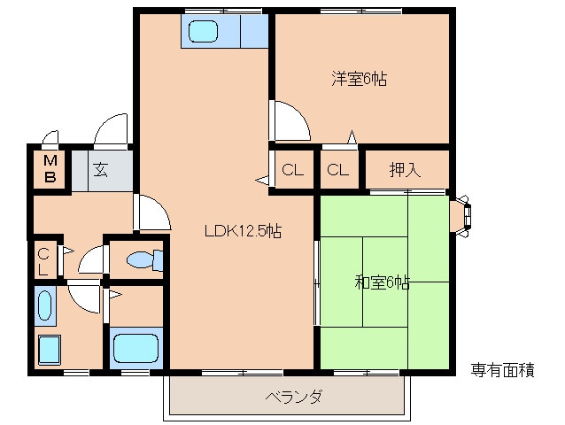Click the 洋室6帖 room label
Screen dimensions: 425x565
[360, 79]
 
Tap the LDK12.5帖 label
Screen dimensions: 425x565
[243, 232]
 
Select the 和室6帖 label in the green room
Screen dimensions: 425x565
[382, 282]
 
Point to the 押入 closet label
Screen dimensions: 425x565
[405, 170]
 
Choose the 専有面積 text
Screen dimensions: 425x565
[502, 370]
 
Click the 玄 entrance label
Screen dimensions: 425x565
[102, 168]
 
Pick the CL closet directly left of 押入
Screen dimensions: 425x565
[337, 170]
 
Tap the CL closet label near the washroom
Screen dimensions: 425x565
[43, 262]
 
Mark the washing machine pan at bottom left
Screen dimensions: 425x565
[48, 350]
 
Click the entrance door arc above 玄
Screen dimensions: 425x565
[112, 130]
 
